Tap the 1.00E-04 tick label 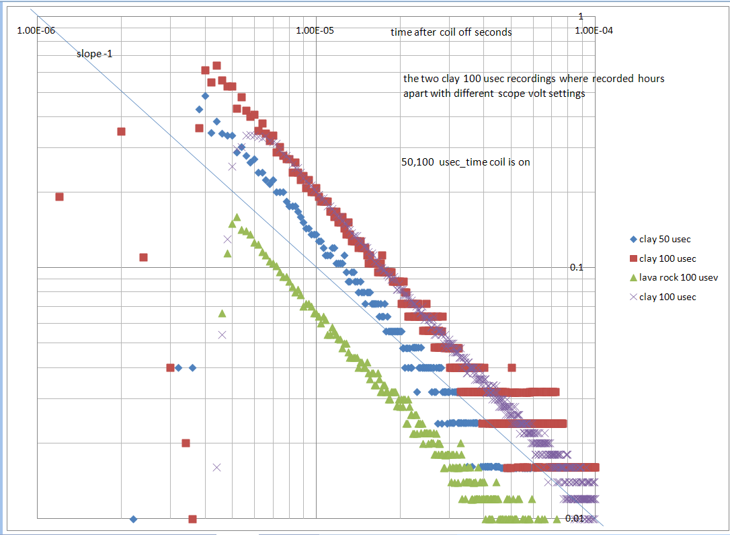[x=596, y=30]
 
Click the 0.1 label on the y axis [x=576, y=267]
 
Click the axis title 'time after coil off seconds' [x=450, y=32]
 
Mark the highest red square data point [x=217, y=65]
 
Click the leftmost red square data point [x=59, y=197]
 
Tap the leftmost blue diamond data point [x=133, y=519]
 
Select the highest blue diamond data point [x=205, y=96]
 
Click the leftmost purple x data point [x=216, y=467]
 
